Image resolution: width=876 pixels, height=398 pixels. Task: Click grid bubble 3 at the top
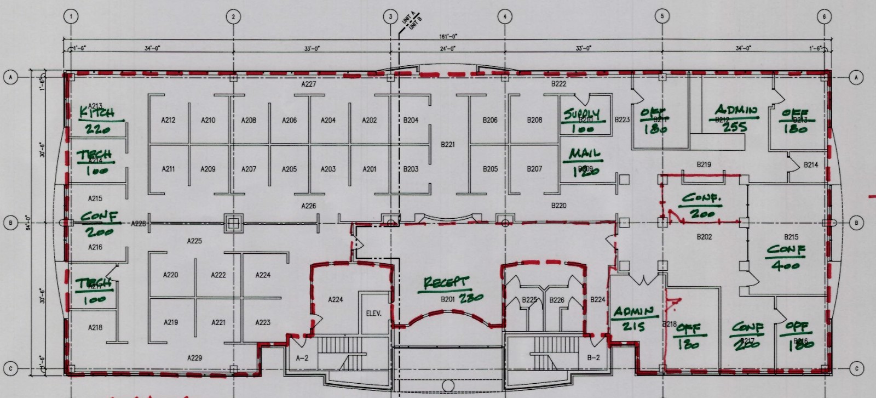pyautogui.click(x=390, y=16)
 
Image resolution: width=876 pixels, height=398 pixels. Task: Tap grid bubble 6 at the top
pyautogui.click(x=825, y=16)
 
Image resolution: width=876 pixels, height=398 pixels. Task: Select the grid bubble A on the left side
pyautogui.click(x=10, y=78)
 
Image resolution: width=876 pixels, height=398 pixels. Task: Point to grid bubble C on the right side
pyautogui.click(x=856, y=369)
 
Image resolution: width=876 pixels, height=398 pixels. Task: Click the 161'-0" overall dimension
pyautogui.click(x=448, y=36)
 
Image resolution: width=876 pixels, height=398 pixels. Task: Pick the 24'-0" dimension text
pyautogui.click(x=448, y=49)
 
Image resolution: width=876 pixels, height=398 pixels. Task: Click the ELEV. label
pyautogui.click(x=373, y=314)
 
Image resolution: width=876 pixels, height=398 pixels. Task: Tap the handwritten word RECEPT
pyautogui.click(x=447, y=283)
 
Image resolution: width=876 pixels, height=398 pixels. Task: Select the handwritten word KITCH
pyautogui.click(x=97, y=113)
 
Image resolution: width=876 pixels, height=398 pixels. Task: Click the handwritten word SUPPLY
pyautogui.click(x=581, y=114)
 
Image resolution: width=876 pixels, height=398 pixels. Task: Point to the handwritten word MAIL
pyautogui.click(x=584, y=154)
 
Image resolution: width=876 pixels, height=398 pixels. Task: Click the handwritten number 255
pyautogui.click(x=734, y=127)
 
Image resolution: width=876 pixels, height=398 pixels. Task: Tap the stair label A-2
pyautogui.click(x=302, y=358)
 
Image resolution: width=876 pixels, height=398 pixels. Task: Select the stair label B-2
pyautogui.click(x=593, y=358)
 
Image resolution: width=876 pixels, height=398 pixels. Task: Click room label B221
pyautogui.click(x=448, y=145)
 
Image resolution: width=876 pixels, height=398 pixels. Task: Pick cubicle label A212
pyautogui.click(x=168, y=120)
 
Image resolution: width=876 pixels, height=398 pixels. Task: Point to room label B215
pyautogui.click(x=791, y=237)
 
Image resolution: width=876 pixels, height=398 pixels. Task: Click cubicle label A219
pyautogui.click(x=171, y=322)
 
